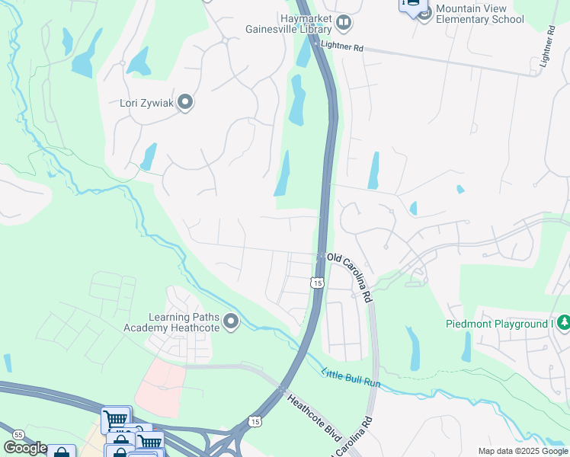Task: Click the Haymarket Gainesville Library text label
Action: coord(287,24)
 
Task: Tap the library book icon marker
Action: coord(344,24)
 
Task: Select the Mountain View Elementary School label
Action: coord(479,14)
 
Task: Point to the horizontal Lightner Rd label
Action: coord(343,47)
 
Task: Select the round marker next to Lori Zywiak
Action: coord(184,102)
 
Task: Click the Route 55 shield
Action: coord(18,433)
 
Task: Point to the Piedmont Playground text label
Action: coord(498,324)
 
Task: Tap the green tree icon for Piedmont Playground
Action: coord(563,323)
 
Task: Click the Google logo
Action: coord(24,448)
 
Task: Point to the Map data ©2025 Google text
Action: coord(522,451)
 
